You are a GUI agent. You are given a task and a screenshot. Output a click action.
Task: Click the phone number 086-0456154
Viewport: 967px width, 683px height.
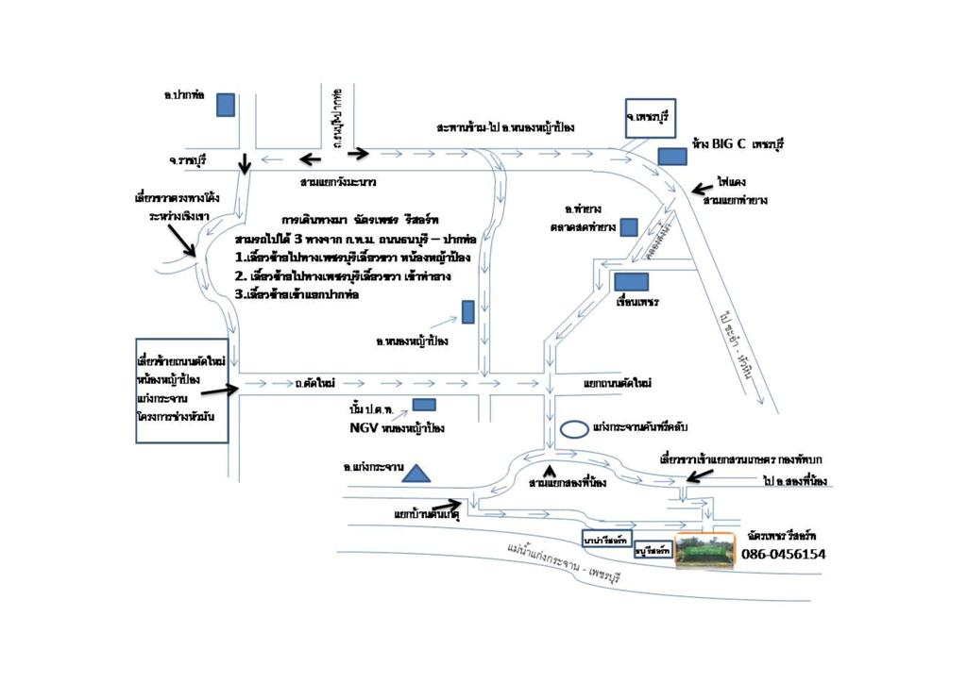pos(783,555)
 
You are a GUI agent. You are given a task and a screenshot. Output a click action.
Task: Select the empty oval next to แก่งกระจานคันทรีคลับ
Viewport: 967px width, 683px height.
pos(573,429)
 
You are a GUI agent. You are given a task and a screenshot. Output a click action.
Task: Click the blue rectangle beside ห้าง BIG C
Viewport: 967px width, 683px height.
pos(672,156)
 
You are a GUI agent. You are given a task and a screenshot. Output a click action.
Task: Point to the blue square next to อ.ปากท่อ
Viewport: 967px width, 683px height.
pos(225,105)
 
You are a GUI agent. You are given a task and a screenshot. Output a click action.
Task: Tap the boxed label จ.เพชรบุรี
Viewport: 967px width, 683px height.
pos(651,117)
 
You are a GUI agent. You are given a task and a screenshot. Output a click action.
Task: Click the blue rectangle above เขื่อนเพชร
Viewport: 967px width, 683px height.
pos(631,281)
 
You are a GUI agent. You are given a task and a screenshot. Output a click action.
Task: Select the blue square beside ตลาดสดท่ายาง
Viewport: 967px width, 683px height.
pos(628,226)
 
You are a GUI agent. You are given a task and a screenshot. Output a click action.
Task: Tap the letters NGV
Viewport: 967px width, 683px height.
pos(359,427)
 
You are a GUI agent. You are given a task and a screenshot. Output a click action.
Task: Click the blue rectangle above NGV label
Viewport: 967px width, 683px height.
pos(424,405)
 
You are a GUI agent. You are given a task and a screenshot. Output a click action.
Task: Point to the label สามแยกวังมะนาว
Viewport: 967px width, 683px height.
pos(338,179)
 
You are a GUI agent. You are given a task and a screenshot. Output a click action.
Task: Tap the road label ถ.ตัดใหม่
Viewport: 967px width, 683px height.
pos(316,383)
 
